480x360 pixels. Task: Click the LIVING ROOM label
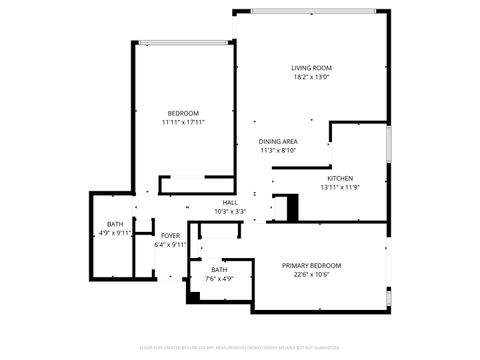pyautogui.click(x=311, y=67)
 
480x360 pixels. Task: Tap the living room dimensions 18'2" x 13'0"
pyautogui.click(x=311, y=77)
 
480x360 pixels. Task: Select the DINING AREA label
pyautogui.click(x=278, y=142)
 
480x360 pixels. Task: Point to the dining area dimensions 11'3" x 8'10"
pyautogui.click(x=278, y=151)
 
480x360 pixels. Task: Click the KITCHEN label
pyautogui.click(x=339, y=178)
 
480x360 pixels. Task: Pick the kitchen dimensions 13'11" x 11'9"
pyautogui.click(x=339, y=187)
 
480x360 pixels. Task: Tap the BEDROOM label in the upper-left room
pyautogui.click(x=183, y=113)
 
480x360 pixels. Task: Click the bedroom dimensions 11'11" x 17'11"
pyautogui.click(x=183, y=123)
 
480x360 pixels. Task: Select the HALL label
pyautogui.click(x=230, y=202)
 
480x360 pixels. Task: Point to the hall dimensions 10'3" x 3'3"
pyautogui.click(x=230, y=212)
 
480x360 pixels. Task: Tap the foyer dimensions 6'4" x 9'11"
pyautogui.click(x=171, y=245)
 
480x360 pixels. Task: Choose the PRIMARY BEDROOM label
pyautogui.click(x=311, y=265)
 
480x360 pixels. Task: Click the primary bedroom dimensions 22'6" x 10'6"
pyautogui.click(x=311, y=275)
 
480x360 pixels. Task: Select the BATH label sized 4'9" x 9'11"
pyautogui.click(x=115, y=224)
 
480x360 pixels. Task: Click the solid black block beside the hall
pyautogui.click(x=292, y=208)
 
